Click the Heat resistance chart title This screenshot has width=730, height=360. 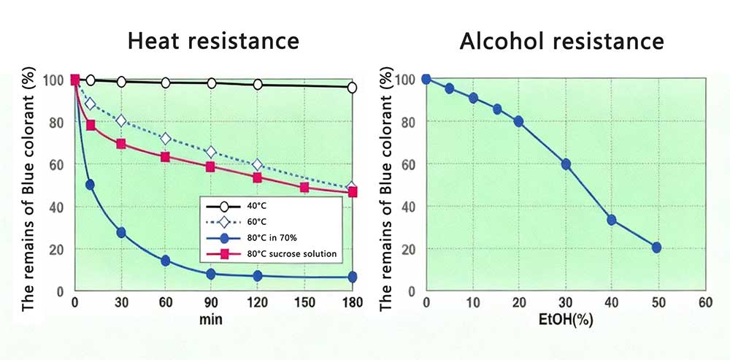pos(213,40)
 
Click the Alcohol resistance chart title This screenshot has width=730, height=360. pos(561,40)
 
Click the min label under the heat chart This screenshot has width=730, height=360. pos(211,319)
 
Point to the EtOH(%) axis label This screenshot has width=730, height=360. pos(564,319)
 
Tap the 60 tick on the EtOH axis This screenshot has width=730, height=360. pos(704,302)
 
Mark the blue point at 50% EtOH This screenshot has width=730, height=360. pos(656,248)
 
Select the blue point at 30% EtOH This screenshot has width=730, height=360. pos(565,164)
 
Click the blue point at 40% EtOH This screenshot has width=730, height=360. pos(611,220)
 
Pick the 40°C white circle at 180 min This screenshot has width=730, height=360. pos(352,88)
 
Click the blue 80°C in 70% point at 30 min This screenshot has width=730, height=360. pos(121,232)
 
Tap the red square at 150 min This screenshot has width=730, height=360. pos(304,187)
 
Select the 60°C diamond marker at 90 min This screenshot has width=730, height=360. pos(211,152)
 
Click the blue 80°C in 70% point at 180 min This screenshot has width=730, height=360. pos(352,277)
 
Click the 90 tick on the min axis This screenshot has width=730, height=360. pos(211,302)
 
